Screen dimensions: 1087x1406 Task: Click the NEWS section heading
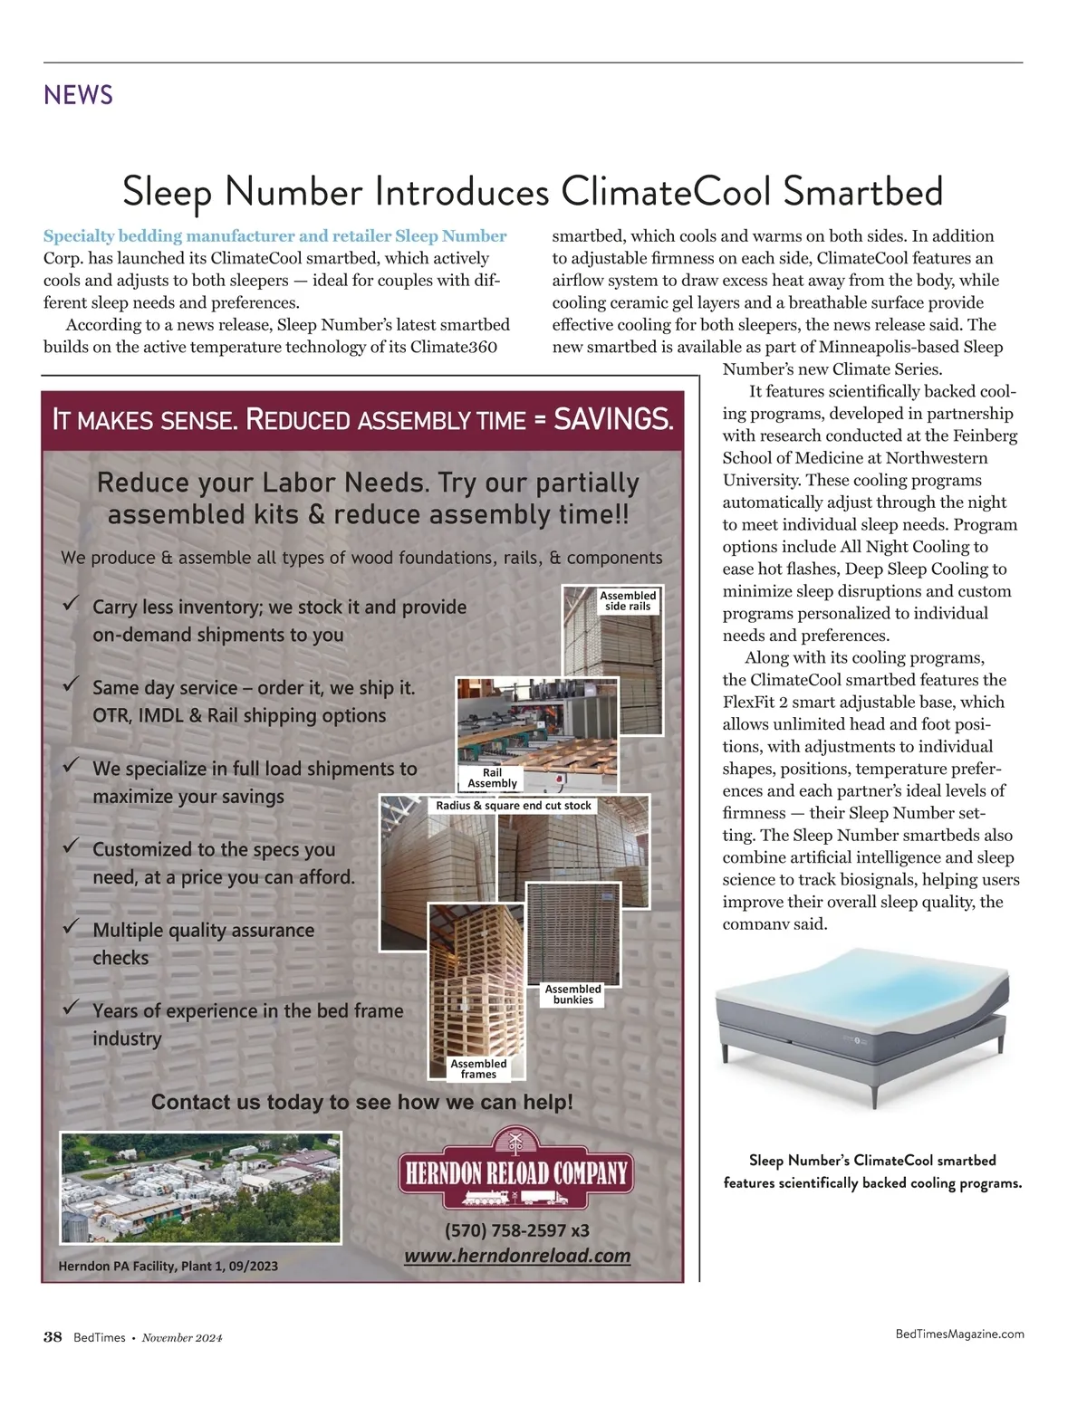(x=78, y=95)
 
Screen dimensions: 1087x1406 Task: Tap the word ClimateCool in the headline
(x=666, y=191)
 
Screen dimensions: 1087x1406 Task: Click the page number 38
(x=53, y=1337)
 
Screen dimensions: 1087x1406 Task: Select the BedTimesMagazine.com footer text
(x=959, y=1334)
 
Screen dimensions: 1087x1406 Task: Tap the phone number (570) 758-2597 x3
(x=516, y=1230)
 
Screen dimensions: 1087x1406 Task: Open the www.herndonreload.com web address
(x=517, y=1256)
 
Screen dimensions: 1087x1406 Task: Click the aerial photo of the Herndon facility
(x=200, y=1188)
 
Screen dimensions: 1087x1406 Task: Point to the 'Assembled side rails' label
(x=628, y=600)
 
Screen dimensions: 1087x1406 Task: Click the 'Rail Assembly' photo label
(x=492, y=778)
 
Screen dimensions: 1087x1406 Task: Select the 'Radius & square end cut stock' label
(x=514, y=806)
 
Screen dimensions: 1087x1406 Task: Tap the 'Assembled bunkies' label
(x=573, y=994)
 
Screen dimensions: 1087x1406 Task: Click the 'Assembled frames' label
(x=478, y=1068)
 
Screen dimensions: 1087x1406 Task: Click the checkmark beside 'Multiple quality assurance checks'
(x=70, y=926)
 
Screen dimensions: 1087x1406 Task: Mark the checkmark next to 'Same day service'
(x=70, y=684)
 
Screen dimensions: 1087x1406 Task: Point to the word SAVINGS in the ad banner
(x=613, y=419)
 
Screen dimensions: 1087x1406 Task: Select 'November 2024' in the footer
(x=182, y=1337)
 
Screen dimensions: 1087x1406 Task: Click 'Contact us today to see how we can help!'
(x=362, y=1101)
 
